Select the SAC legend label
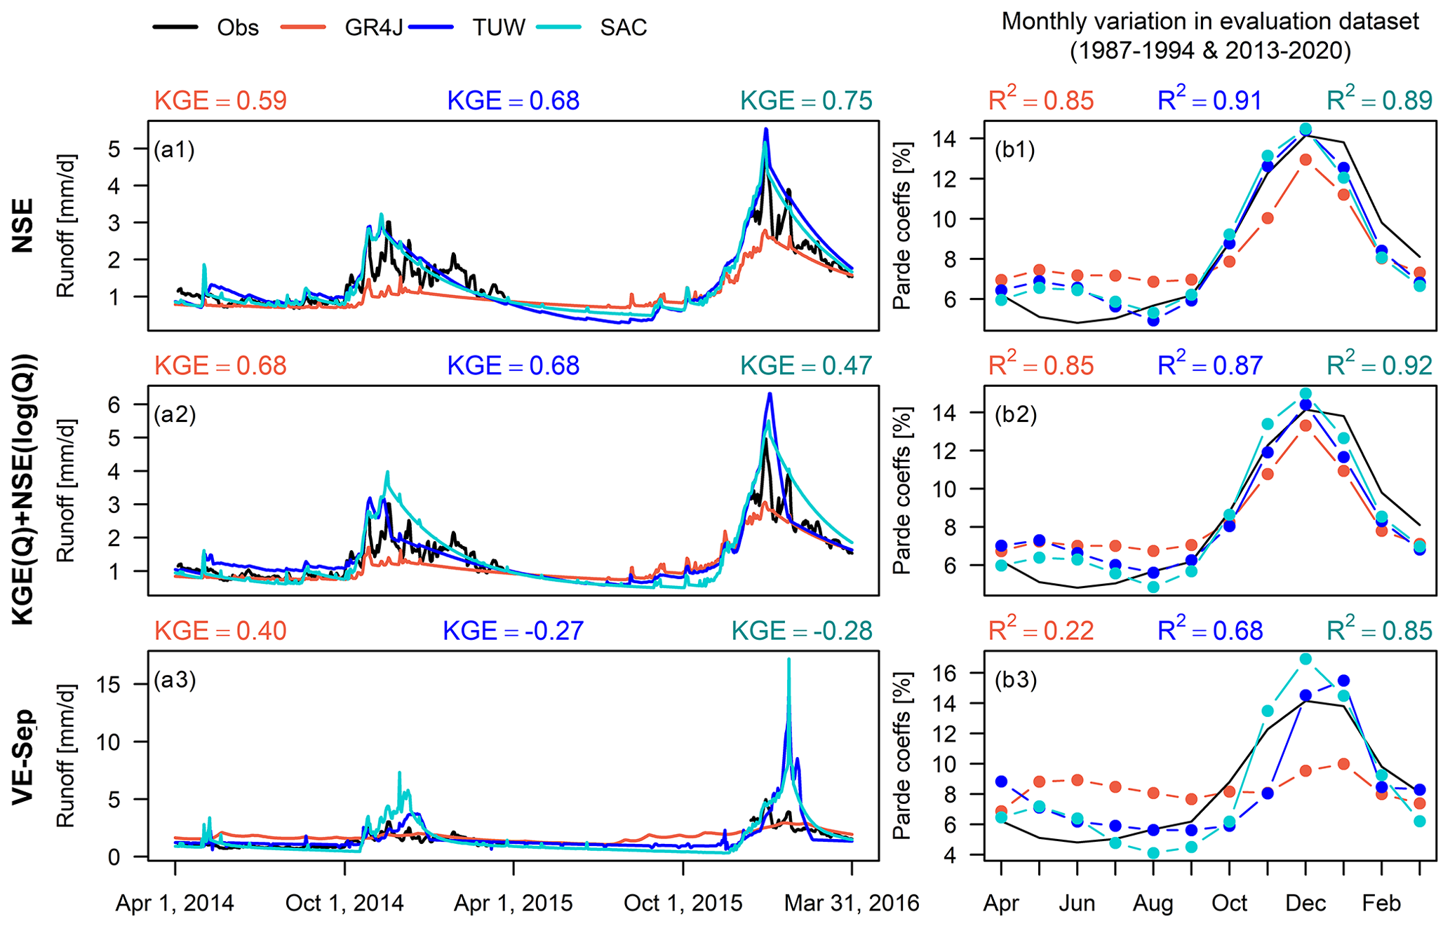(623, 28)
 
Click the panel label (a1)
(175, 149)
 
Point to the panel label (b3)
(1015, 680)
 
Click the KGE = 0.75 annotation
(807, 101)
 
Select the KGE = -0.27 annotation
(513, 631)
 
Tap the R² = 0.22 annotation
(1041, 631)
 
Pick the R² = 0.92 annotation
(1379, 365)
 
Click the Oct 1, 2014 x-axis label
(344, 903)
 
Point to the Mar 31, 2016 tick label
(852, 903)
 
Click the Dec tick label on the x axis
(1305, 903)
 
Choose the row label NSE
(23, 225)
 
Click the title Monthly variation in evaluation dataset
(1210, 22)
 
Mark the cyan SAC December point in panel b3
(1305, 659)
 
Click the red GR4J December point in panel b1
(1305, 160)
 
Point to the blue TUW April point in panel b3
(1001, 782)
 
